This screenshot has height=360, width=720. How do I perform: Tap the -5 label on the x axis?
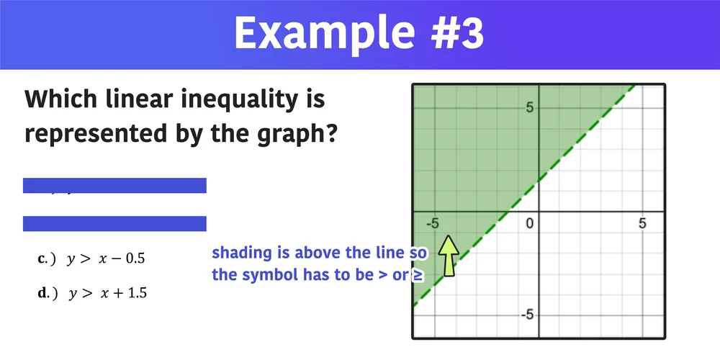click(432, 224)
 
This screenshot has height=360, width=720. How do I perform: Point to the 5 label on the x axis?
click(642, 224)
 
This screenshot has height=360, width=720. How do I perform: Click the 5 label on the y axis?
click(529, 108)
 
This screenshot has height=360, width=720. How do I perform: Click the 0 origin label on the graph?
click(529, 224)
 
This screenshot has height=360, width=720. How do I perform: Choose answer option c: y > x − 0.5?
click(101, 258)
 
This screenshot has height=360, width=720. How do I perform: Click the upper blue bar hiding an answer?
click(114, 186)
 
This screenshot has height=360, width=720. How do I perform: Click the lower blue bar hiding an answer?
click(114, 223)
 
